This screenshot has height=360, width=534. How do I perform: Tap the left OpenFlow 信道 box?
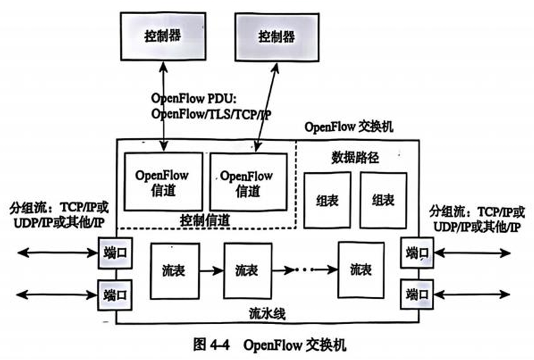pyautogui.click(x=162, y=182)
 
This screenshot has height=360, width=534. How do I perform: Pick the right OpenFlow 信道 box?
pyautogui.click(x=248, y=182)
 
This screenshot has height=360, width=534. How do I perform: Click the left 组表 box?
pyautogui.click(x=327, y=200)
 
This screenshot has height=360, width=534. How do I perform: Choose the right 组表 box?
pyautogui.click(x=383, y=200)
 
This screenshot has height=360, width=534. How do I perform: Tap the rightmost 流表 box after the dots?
pyautogui.click(x=361, y=270)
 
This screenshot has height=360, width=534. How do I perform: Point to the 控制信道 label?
pyautogui.click(x=205, y=220)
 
